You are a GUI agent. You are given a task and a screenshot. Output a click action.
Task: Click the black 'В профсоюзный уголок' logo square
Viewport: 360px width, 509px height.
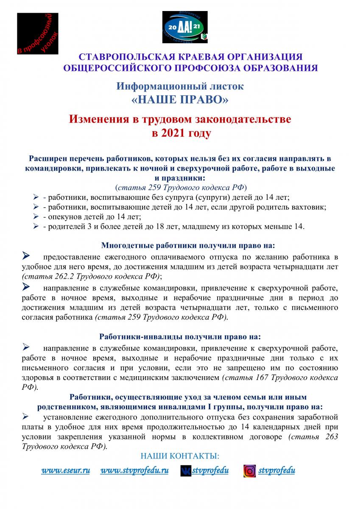[37, 34]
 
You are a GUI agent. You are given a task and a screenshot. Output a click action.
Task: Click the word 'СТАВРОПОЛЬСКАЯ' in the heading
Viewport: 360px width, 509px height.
[118, 57]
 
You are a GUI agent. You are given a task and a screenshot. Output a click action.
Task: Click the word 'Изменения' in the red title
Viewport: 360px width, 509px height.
[99, 119]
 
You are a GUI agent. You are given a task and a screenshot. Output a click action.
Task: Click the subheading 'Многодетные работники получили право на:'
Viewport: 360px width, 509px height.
[188, 245]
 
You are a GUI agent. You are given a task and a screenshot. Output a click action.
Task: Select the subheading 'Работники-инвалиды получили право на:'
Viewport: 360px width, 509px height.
[180, 336]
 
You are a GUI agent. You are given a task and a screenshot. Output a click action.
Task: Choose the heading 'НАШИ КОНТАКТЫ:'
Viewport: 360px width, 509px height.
[180, 456]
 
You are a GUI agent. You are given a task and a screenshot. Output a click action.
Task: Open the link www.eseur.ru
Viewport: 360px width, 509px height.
[65, 470]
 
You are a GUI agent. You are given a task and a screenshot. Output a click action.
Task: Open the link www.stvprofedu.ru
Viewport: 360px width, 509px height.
[134, 470]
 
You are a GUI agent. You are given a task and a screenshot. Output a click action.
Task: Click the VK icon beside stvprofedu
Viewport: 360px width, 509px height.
[185, 470]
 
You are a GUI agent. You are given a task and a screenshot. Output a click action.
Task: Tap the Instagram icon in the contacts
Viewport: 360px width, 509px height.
[249, 471]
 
